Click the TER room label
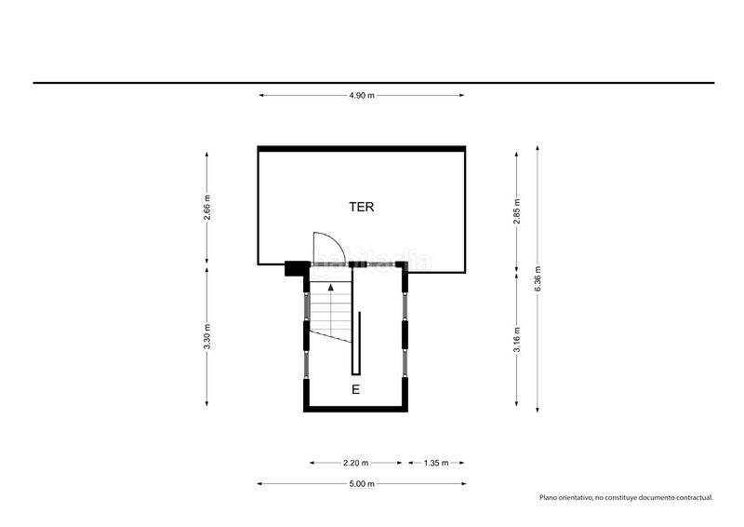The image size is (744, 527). coord(362,207)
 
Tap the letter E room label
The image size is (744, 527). coord(355,390)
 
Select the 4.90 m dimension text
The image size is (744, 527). coord(362,96)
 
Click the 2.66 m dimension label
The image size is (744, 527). coord(206,208)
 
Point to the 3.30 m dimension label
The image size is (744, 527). coord(206,336)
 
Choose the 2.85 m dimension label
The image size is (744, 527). coord(517,211)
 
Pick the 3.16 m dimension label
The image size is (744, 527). coord(517,339)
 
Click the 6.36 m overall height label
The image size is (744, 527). coord(538,279)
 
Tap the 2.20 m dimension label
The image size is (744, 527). coord(356,463)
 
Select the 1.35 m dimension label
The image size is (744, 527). coord(436,463)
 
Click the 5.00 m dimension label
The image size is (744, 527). coord(362,484)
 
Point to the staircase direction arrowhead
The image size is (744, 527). coord(331,287)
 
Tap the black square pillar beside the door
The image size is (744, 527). coord(294,268)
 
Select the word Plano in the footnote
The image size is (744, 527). coord(547,497)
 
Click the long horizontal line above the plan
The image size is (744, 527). coord(374,83)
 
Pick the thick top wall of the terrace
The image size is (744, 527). coord(362,149)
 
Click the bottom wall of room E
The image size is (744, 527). coord(356,409)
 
